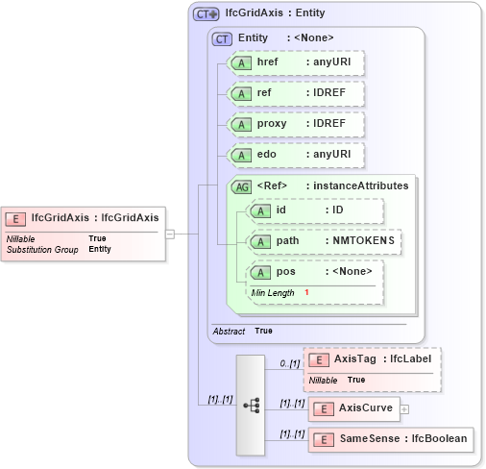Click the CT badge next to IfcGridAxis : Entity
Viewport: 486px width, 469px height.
coord(206,14)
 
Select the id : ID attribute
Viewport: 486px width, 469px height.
coord(315,210)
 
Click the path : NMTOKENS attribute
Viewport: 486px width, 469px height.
coord(324,241)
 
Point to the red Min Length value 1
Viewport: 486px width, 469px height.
coord(307,292)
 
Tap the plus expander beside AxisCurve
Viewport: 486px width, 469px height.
coord(404,408)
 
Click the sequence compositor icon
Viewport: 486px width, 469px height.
coord(251,406)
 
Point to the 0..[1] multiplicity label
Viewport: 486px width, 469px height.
coord(289,364)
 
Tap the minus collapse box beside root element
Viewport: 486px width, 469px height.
coord(169,234)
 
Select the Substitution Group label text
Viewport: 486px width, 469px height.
coord(42,250)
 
